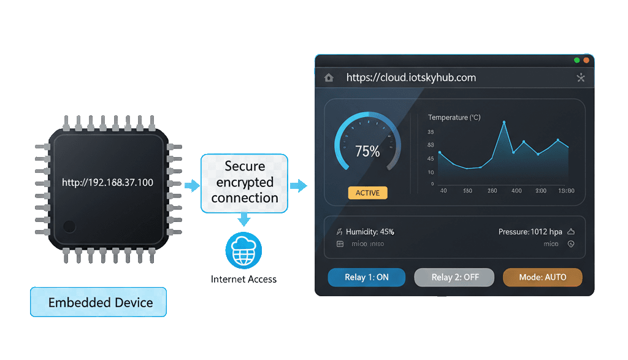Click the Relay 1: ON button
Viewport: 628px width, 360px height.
click(367, 277)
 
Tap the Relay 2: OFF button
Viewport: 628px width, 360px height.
click(454, 277)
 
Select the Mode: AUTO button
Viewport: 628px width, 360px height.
click(542, 277)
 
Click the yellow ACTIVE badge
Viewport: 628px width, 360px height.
click(367, 193)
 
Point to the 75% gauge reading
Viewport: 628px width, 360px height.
click(367, 151)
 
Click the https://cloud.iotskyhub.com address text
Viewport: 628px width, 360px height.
click(411, 78)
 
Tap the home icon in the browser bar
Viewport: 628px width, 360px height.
click(329, 78)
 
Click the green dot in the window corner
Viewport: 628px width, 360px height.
click(576, 60)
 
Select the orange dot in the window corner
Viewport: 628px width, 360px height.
click(586, 60)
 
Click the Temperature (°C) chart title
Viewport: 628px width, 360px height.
click(454, 117)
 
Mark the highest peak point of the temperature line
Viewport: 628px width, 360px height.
click(504, 123)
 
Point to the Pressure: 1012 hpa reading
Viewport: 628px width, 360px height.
click(530, 232)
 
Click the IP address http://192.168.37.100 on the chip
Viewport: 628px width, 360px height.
click(108, 183)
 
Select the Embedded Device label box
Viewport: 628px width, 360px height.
click(98, 302)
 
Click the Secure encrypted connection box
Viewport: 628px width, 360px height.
click(245, 182)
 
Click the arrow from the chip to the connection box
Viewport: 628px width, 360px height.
click(192, 185)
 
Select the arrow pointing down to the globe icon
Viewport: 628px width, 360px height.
click(244, 220)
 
